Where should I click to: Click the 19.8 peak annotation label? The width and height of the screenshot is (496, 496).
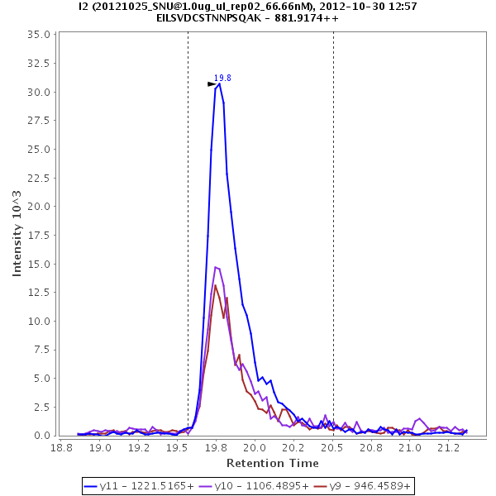click(222, 78)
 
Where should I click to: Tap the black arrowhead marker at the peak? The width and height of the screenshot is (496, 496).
click(212, 83)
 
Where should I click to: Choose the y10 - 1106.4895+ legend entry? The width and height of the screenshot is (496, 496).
click(253, 485)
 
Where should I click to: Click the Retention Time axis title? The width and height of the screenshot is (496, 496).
click(272, 462)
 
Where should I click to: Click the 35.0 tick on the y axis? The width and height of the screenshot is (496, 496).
click(40, 35)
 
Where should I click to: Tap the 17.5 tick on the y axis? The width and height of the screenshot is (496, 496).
click(40, 235)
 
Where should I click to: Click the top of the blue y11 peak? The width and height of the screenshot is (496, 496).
click(219, 83)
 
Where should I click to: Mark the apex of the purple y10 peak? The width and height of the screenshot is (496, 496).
click(217, 267)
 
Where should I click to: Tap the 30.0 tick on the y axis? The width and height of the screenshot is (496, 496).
click(40, 92)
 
